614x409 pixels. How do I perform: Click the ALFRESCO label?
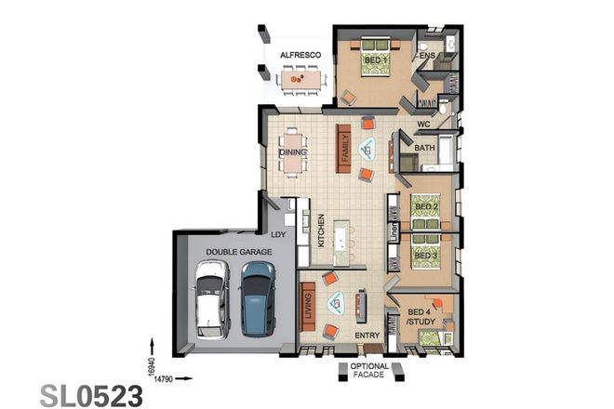pos(300,56)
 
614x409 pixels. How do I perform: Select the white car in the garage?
pos(211,298)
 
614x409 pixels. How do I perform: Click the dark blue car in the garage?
pos(257,298)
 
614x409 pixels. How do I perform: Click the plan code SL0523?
pos(91,395)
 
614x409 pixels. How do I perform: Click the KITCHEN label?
pos(321,229)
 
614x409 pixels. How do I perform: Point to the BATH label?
pos(424,148)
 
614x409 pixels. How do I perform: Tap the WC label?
pos(422,124)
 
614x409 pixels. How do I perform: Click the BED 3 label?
pos(425,254)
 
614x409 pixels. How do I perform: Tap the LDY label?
pos(277,234)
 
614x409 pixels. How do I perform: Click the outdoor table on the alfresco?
pos(300,82)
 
